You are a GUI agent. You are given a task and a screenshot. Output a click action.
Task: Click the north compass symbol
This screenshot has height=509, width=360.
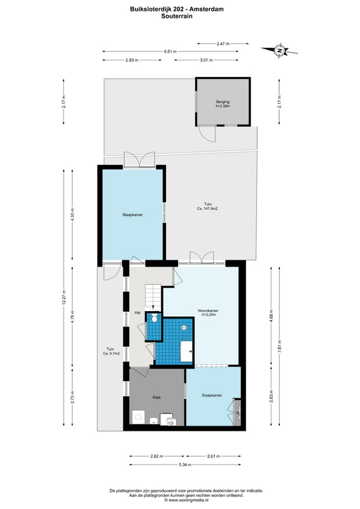[279, 50]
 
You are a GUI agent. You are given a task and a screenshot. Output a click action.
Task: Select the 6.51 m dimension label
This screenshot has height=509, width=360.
[170, 52]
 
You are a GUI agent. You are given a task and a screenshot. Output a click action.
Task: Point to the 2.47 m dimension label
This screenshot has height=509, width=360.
[223, 43]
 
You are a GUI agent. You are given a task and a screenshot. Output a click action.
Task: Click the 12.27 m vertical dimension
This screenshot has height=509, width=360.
[64, 297]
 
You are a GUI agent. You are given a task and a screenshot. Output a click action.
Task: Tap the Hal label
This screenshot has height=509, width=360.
[137, 312]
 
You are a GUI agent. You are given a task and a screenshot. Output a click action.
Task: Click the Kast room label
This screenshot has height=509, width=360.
[156, 397]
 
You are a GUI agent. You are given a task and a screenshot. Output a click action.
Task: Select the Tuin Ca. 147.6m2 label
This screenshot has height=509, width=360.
[207, 206]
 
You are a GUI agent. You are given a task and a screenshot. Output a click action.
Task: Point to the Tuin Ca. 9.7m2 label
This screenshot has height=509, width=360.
[110, 351]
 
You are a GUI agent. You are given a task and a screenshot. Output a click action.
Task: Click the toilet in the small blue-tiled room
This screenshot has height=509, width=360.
[154, 318]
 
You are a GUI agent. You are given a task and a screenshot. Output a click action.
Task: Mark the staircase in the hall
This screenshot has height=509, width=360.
[153, 296]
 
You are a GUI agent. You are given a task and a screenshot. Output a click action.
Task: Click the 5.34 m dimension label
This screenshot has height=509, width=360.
[185, 464]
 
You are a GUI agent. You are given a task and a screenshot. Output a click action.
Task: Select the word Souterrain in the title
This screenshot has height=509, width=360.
[177, 16]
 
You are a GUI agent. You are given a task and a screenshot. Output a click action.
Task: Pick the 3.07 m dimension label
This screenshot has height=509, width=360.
[206, 60]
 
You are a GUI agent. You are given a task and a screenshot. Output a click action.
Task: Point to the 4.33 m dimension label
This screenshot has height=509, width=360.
[73, 214]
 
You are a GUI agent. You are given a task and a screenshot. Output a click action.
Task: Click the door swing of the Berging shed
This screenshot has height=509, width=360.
[207, 134]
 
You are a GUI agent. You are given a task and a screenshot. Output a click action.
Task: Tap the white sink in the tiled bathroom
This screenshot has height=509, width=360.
[186, 351]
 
